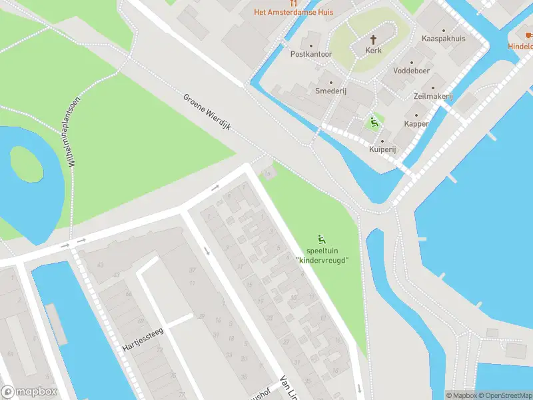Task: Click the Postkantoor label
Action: pyautogui.click(x=311, y=54)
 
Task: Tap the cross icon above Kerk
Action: pyautogui.click(x=374, y=39)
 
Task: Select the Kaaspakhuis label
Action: pyautogui.click(x=443, y=39)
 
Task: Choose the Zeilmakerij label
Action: pyautogui.click(x=432, y=97)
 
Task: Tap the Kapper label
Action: pyautogui.click(x=416, y=124)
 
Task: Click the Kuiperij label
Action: pyautogui.click(x=382, y=150)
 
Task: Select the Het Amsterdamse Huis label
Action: pyautogui.click(x=292, y=12)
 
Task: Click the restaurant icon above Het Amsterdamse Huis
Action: pyautogui.click(x=292, y=3)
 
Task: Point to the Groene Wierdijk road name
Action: pyautogui.click(x=207, y=112)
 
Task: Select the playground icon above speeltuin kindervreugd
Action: pyautogui.click(x=322, y=239)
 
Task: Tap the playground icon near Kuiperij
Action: pyautogui.click(x=374, y=122)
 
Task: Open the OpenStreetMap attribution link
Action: pyautogui.click(x=504, y=395)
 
